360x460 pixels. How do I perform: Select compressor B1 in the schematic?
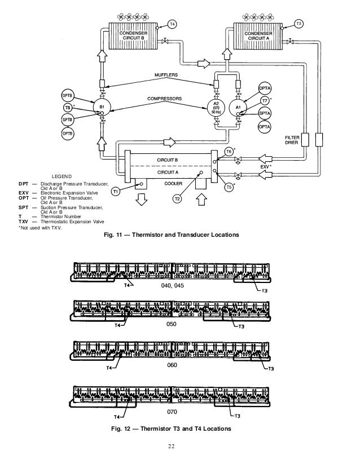[102, 107]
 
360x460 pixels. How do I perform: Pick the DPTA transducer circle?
[265, 90]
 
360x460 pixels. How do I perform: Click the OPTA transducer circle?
[264, 127]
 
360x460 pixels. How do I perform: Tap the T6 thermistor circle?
[229, 152]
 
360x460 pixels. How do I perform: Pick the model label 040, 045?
[172, 286]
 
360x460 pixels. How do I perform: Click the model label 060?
[172, 365]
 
